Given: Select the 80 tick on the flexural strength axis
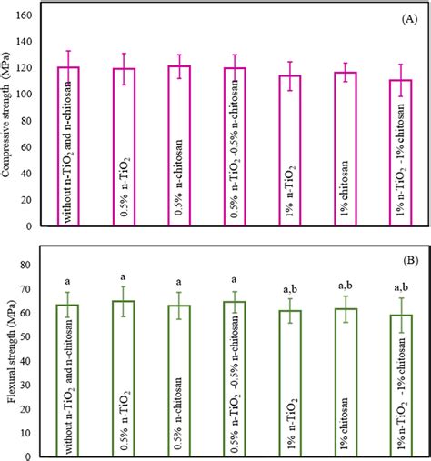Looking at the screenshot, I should click(35, 266).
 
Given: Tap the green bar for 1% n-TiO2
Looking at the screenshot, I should click(291, 377).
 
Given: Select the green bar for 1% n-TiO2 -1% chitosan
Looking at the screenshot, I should click(402, 382).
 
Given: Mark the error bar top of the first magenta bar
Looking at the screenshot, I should click(69, 52).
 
